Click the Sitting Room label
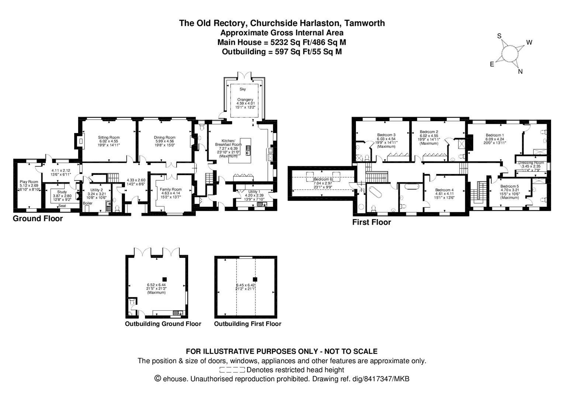tap(108, 137)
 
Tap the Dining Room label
tap(165, 137)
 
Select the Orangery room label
tap(245, 100)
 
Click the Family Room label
tap(170, 190)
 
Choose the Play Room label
tap(29, 182)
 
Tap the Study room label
tap(62, 192)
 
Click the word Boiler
tap(88, 204)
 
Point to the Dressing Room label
tap(531, 163)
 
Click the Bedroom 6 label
tap(323, 179)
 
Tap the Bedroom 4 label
tap(444, 190)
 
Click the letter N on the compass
tap(520, 72)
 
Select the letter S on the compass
tap(499, 36)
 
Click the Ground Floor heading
tap(38, 218)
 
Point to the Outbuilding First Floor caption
tap(248, 324)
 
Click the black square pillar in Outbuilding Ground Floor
tap(165, 279)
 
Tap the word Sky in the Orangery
tap(242, 89)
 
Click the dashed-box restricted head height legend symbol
tap(232, 370)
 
